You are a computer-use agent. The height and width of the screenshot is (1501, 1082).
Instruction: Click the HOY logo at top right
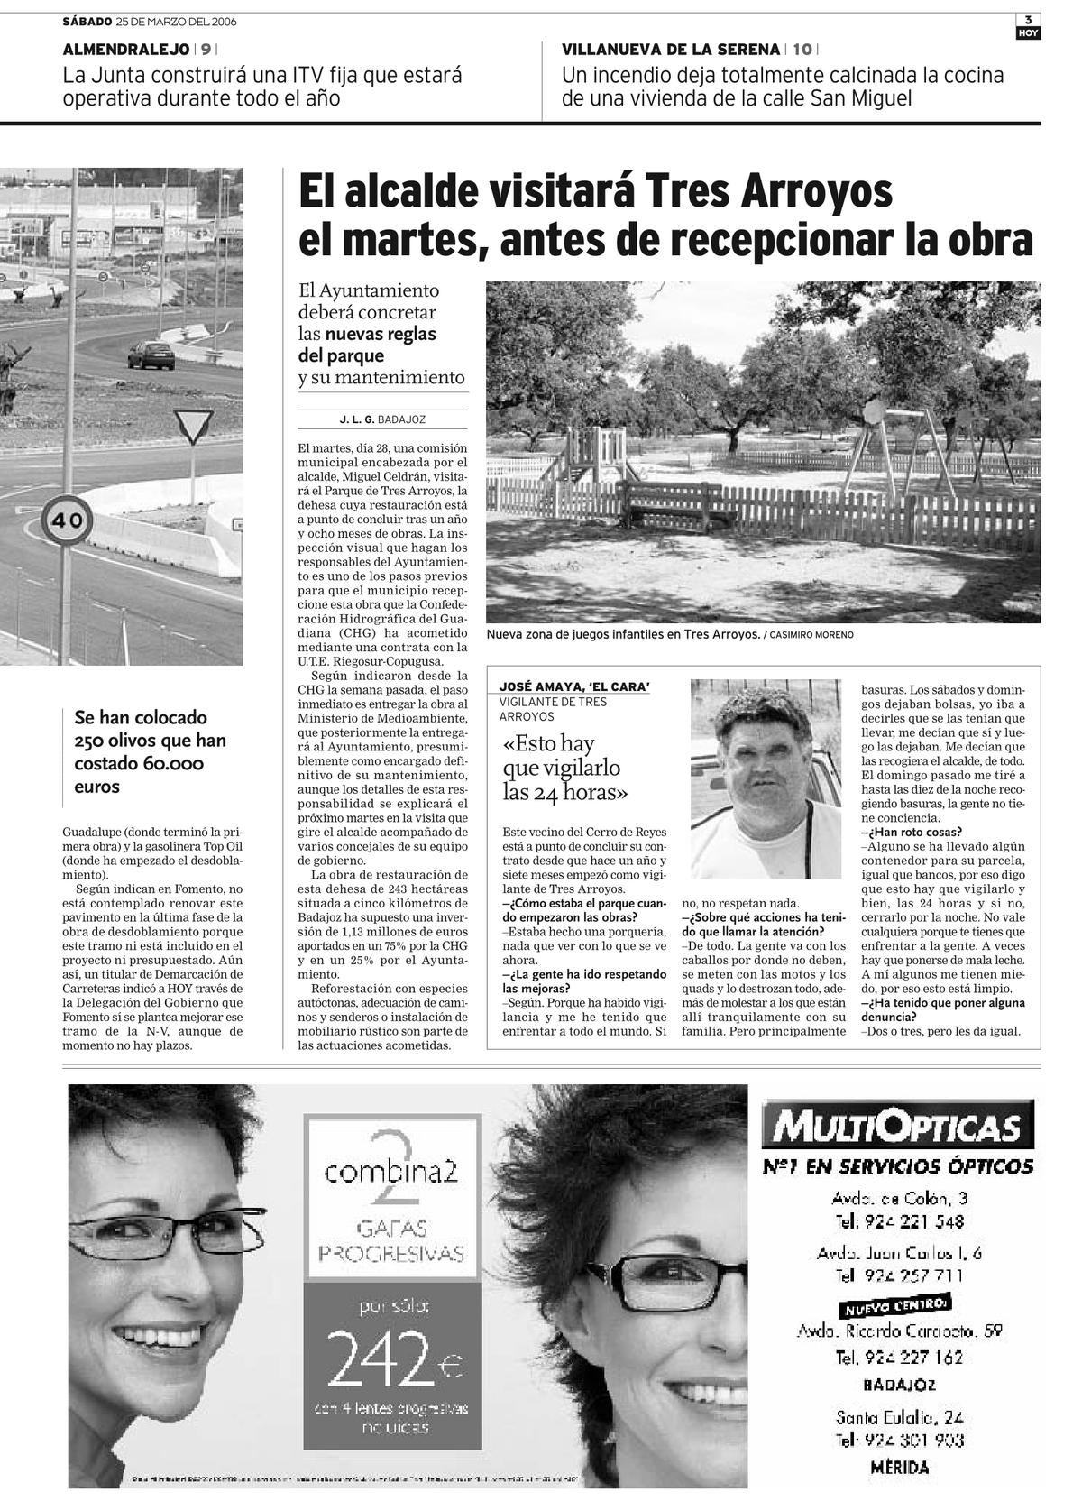click(x=1028, y=33)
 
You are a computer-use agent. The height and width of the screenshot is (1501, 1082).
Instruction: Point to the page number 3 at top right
click(x=1028, y=20)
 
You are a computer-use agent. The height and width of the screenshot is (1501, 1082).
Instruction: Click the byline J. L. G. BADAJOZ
click(x=382, y=419)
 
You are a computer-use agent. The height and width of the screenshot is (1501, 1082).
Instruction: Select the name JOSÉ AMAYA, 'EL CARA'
click(x=575, y=686)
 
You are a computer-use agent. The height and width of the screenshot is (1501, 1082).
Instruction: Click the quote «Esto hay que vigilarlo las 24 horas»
click(x=564, y=769)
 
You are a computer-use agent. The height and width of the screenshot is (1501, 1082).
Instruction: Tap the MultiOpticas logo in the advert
click(x=895, y=1127)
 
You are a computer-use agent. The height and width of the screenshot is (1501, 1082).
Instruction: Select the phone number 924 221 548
click(x=899, y=1222)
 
